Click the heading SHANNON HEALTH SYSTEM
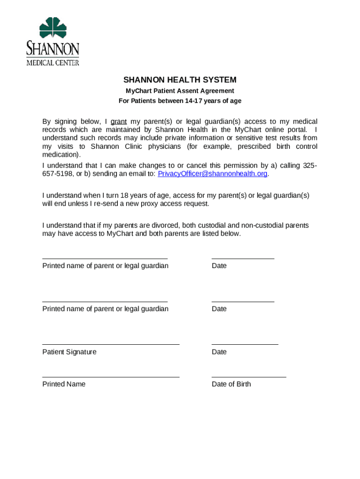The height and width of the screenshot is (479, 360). point(180,80)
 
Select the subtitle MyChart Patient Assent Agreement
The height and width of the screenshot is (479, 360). point(180,91)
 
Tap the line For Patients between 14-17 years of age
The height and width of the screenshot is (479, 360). point(180,101)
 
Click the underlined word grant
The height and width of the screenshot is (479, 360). point(119,122)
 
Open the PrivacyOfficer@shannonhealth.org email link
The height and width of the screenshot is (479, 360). point(212,174)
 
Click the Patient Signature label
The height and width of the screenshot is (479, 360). point(69,352)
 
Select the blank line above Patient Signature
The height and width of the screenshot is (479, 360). point(110,344)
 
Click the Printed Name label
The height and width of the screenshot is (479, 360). point(64,384)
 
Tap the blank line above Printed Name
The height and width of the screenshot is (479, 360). point(110,377)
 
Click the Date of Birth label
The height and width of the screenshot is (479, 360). point(231,384)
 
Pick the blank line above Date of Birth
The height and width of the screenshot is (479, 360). point(249,377)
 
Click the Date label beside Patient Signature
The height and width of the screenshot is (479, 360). point(219,352)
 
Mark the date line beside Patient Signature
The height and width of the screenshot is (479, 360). point(245,344)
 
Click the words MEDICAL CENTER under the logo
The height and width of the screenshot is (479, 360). point(52,63)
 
